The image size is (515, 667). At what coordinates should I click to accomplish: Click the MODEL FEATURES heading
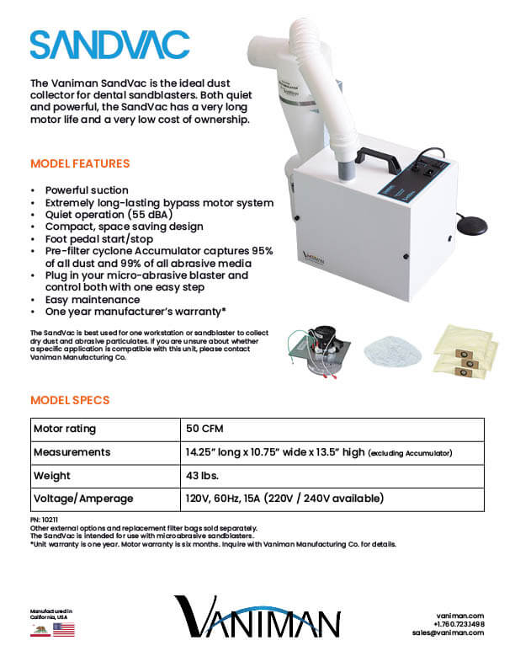[80, 163]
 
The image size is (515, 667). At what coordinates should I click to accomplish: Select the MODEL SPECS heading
[70, 400]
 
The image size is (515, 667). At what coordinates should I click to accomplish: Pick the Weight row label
[52, 476]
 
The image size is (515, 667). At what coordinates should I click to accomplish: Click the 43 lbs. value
[203, 476]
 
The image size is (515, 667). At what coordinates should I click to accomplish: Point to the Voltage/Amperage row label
[83, 499]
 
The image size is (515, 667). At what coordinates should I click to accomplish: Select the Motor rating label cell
[65, 429]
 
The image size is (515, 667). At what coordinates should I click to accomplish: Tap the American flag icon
[63, 629]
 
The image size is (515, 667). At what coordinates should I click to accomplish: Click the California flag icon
[38, 629]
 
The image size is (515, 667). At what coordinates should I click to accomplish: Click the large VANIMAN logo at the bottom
[257, 616]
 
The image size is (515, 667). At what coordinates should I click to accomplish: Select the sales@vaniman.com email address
[449, 632]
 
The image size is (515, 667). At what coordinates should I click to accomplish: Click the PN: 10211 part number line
[45, 521]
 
